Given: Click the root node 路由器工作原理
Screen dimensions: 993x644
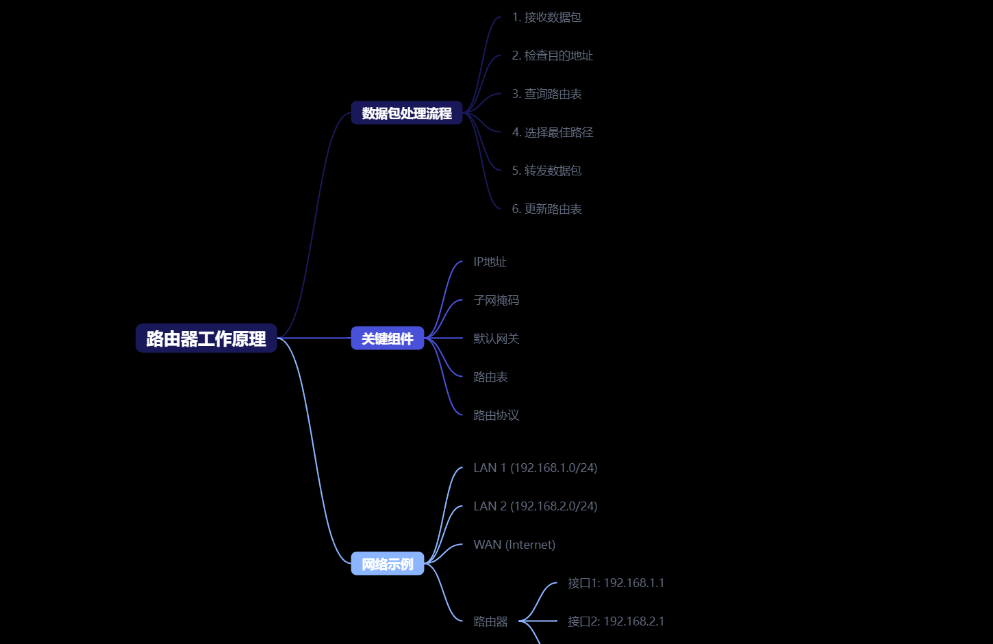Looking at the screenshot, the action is point(206,338).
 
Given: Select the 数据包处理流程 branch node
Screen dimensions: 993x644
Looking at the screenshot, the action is point(407,113).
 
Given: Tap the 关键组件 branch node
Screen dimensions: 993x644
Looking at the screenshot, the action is point(388,338).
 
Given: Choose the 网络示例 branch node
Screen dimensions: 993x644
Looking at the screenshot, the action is point(388,564).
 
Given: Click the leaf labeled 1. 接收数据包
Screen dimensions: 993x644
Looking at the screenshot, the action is point(546,17).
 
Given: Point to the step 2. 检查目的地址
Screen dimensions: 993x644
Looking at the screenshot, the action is point(552,55).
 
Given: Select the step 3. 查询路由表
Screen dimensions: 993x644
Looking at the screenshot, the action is point(546,94).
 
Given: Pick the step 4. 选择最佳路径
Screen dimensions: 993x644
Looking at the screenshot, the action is point(552,132).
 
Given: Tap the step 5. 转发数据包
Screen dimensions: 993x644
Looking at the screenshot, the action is point(546,171).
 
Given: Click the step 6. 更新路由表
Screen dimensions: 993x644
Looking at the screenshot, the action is point(546,209).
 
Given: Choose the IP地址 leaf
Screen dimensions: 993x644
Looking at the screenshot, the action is point(490,262).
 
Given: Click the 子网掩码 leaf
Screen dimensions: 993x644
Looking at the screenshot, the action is point(496,300).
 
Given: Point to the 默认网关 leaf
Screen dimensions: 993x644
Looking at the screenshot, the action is point(496,338).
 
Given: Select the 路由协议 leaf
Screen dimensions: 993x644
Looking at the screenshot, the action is point(496,415).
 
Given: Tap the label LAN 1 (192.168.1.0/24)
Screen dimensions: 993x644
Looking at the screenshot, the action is point(535,468).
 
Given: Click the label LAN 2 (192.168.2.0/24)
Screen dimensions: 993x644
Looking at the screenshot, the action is point(535,506).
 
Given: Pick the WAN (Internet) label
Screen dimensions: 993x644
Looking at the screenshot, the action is point(514,545).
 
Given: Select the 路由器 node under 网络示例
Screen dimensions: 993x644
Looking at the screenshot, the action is point(490,621).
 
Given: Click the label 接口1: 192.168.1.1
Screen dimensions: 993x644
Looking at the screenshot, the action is point(616,583).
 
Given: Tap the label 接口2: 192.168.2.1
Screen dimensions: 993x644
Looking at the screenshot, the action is point(616,621).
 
